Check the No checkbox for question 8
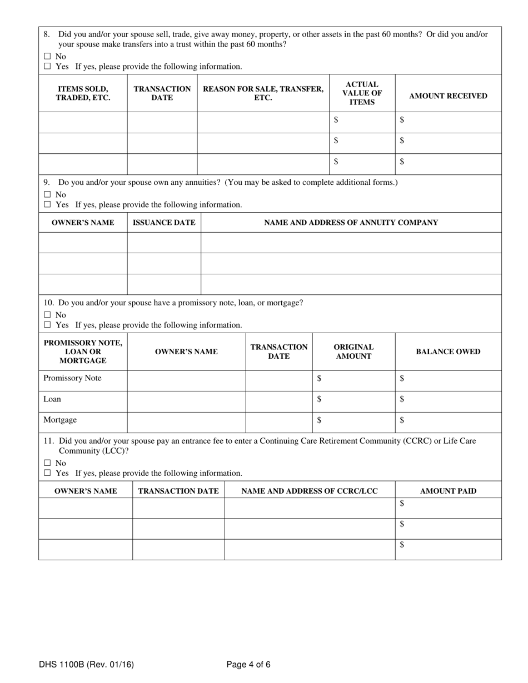(47, 57)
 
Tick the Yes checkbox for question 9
(47, 204)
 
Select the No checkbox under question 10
(47, 315)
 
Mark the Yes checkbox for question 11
(47, 473)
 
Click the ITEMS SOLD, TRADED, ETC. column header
(83, 93)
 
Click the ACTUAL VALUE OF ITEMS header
(362, 93)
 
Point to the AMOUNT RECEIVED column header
(448, 96)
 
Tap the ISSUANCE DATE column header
(163, 223)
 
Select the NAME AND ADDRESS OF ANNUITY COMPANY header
(351, 223)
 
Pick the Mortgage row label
(60, 420)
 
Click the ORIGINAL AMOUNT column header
(353, 351)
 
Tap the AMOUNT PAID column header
(448, 491)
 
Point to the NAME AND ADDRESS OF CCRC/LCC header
(310, 491)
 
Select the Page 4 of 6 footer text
(248, 664)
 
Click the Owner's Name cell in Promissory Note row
(186, 380)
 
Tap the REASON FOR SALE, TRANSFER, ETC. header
(263, 93)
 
